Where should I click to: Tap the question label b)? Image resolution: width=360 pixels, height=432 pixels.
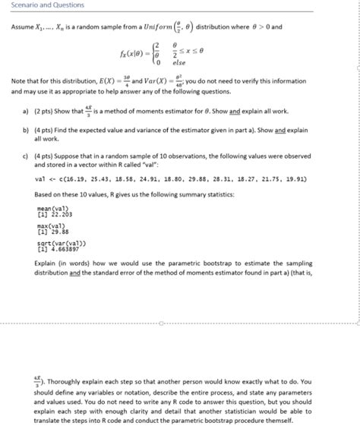[x=26, y=130]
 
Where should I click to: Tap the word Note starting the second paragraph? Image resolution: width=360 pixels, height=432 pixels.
[x=18, y=80]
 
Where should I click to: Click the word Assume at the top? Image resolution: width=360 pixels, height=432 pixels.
[x=21, y=27]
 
